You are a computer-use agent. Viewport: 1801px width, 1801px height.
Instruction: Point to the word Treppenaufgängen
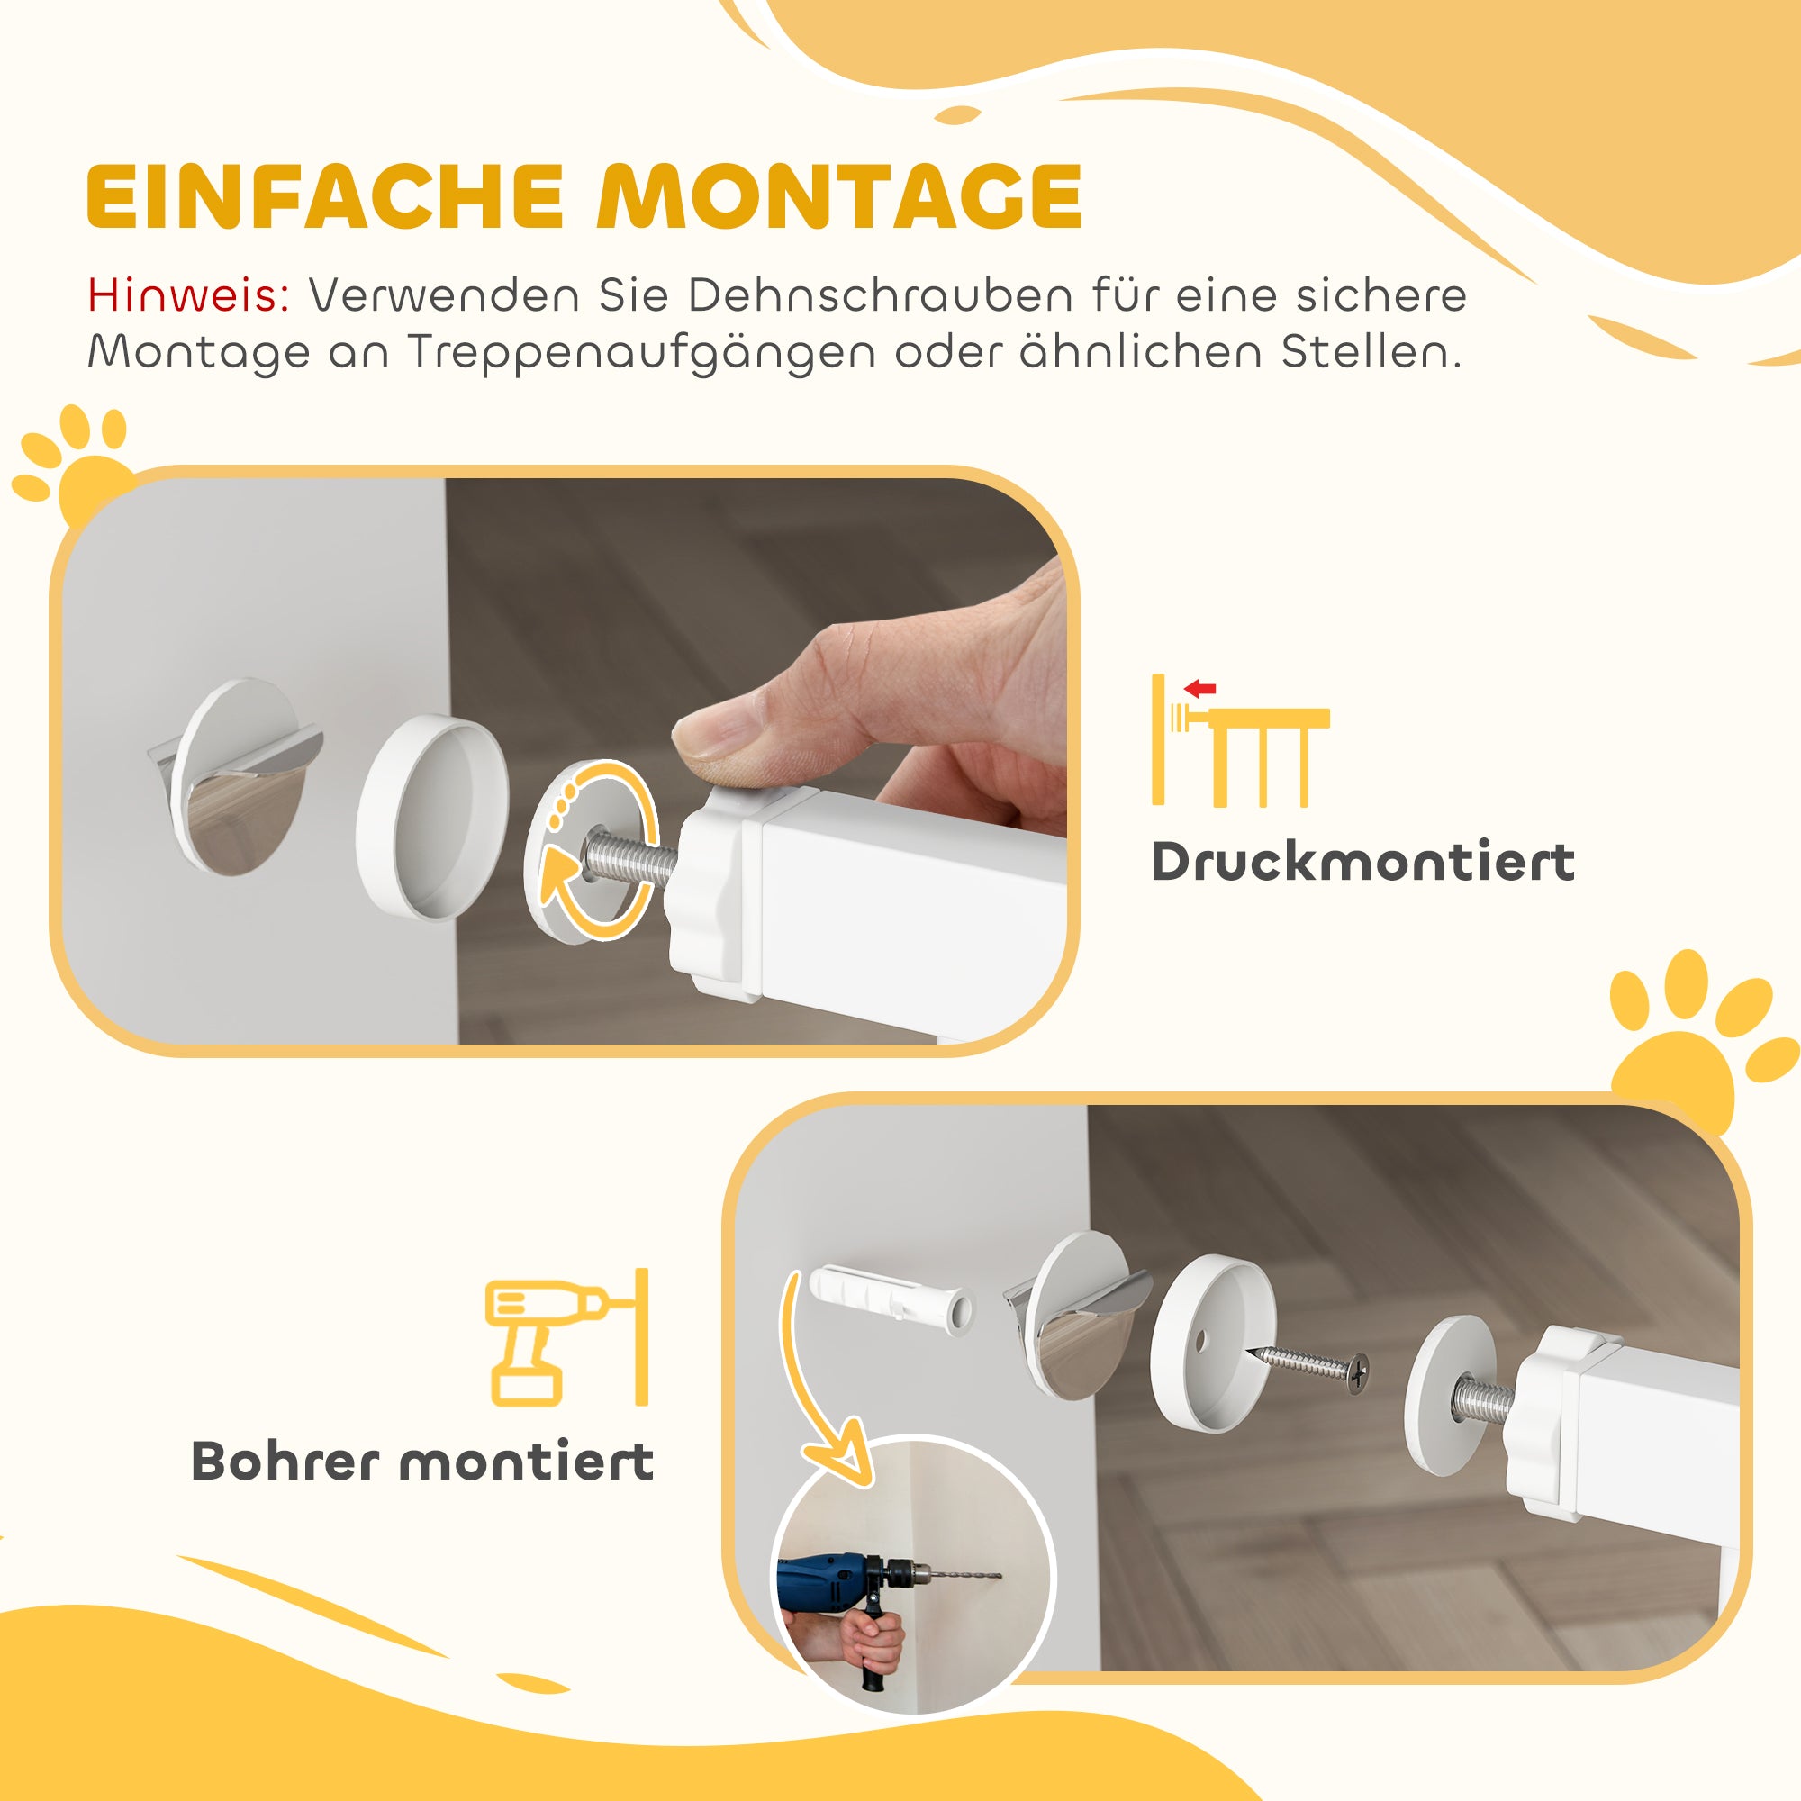(641, 353)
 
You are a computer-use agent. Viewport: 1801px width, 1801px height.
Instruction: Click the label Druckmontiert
(1362, 862)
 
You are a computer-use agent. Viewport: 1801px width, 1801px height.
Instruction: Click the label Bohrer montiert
(422, 1461)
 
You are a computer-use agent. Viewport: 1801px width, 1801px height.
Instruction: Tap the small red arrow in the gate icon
(1200, 690)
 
